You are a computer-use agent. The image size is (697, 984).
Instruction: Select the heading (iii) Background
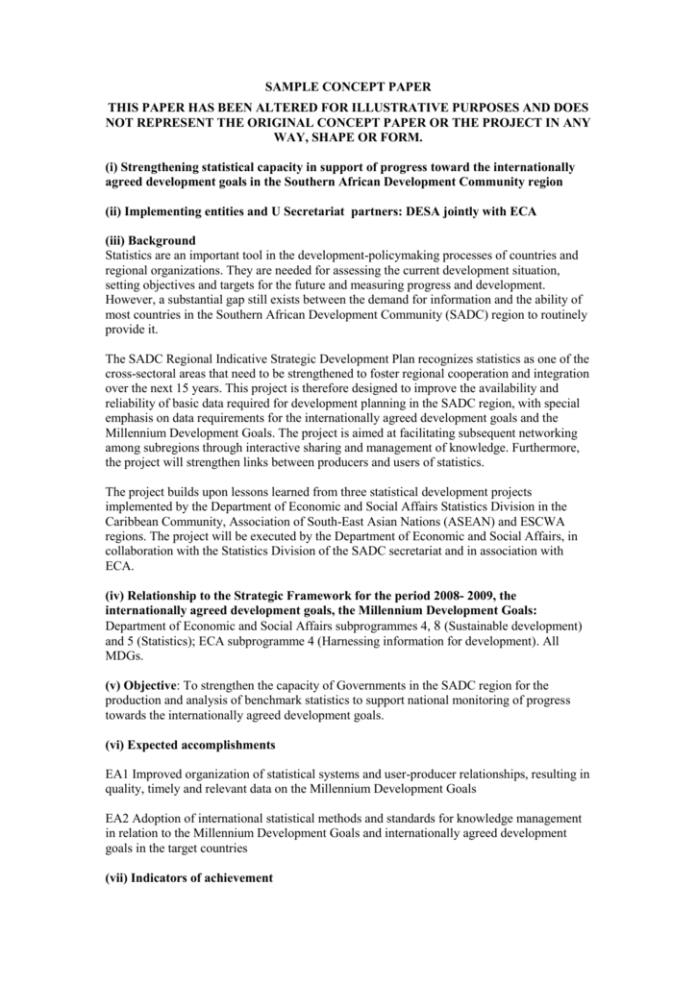click(150, 240)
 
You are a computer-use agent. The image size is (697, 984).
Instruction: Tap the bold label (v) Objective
click(141, 685)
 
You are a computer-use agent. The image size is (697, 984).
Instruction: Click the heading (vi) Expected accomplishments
click(190, 745)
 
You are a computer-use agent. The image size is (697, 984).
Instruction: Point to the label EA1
click(116, 775)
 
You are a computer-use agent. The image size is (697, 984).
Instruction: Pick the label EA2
click(116, 819)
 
